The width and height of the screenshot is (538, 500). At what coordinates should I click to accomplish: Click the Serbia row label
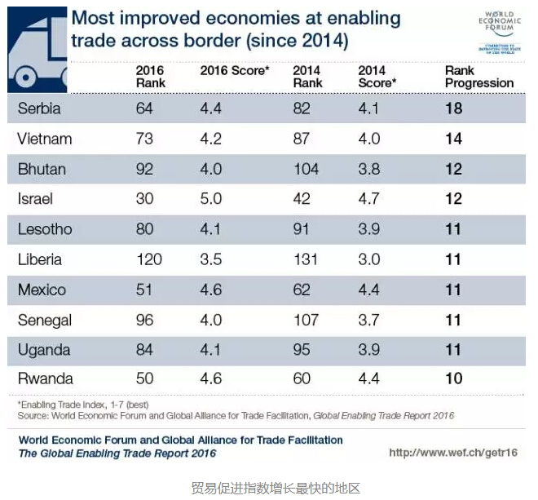point(39,108)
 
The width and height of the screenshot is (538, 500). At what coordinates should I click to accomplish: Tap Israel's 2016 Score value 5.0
point(211,199)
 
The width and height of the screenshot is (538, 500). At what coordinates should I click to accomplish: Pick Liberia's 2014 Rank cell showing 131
point(306,259)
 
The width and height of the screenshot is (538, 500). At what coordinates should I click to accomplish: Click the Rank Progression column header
point(478,77)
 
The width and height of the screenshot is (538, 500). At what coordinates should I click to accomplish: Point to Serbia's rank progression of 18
point(453,108)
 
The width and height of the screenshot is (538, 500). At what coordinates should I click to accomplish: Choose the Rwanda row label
point(45,378)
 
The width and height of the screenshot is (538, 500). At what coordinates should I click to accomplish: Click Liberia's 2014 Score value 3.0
point(369,259)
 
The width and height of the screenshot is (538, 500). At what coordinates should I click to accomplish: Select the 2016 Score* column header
point(234,72)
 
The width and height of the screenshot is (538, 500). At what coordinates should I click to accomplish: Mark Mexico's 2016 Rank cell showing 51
point(145,290)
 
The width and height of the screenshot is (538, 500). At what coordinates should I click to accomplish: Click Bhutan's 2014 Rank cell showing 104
point(306,169)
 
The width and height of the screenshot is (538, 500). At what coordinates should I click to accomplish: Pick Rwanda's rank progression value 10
point(453,378)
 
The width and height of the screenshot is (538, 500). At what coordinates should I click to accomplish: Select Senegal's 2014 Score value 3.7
point(369,320)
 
